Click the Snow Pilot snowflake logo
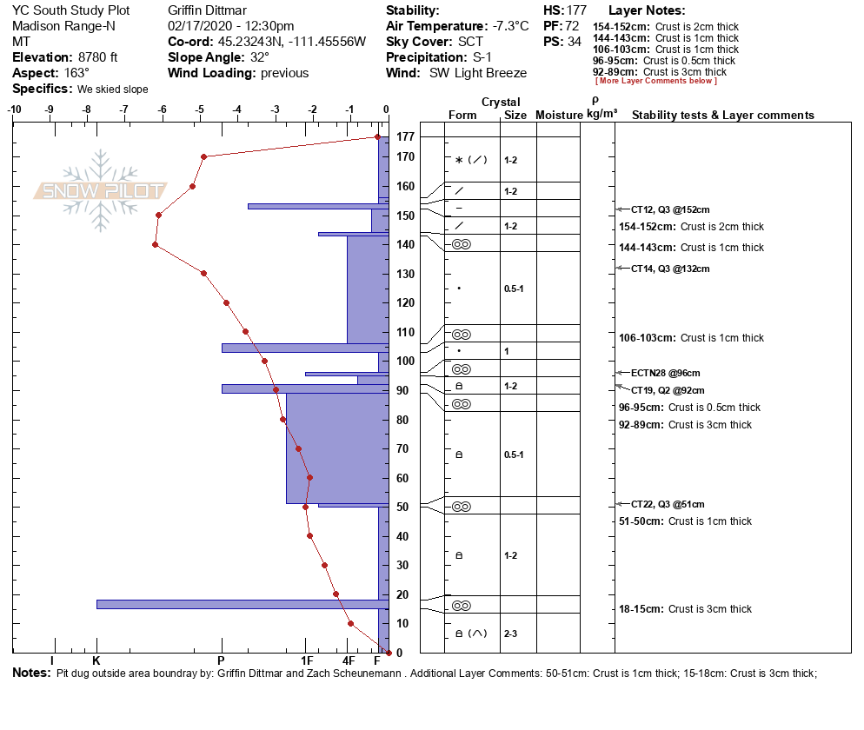100,190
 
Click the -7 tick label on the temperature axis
124,109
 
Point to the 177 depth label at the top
405,137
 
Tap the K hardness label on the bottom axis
96,661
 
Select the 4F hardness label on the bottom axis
349,661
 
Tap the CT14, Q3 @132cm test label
670,269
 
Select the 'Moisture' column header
558,116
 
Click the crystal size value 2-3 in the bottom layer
510,634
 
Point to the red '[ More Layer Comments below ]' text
656,82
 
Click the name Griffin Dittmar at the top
207,10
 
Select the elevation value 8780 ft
90,57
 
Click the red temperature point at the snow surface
377,136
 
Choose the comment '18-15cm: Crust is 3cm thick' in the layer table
685,609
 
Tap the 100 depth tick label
405,361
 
